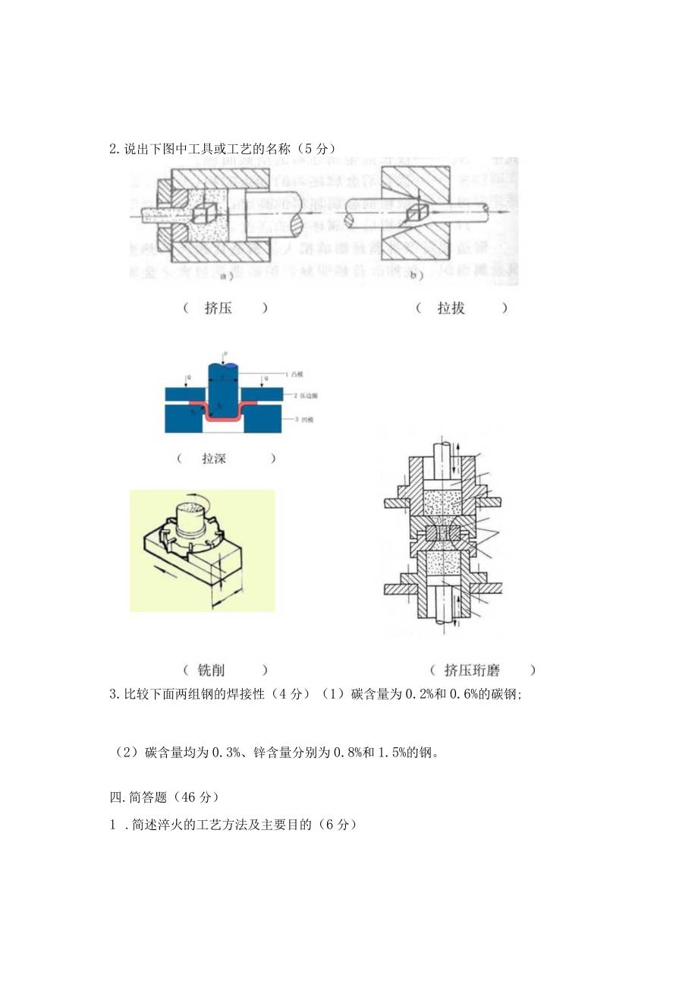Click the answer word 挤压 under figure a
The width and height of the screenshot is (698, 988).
coord(219,308)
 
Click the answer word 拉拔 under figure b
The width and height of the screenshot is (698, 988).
coord(451,308)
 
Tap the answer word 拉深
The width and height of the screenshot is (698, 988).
coord(214,458)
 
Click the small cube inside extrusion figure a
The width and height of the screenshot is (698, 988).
coord(203,213)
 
